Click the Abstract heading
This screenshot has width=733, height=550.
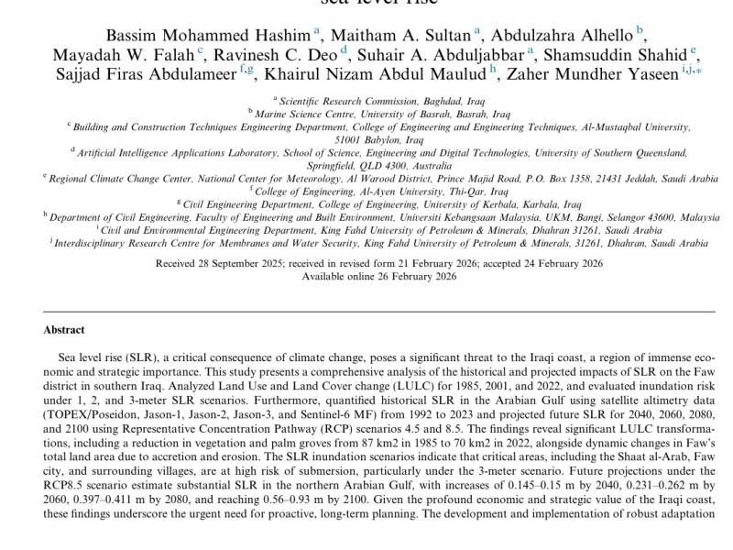[x=64, y=330]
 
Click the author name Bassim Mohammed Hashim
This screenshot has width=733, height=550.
[x=208, y=35]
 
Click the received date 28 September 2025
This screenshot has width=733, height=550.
[x=233, y=264]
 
